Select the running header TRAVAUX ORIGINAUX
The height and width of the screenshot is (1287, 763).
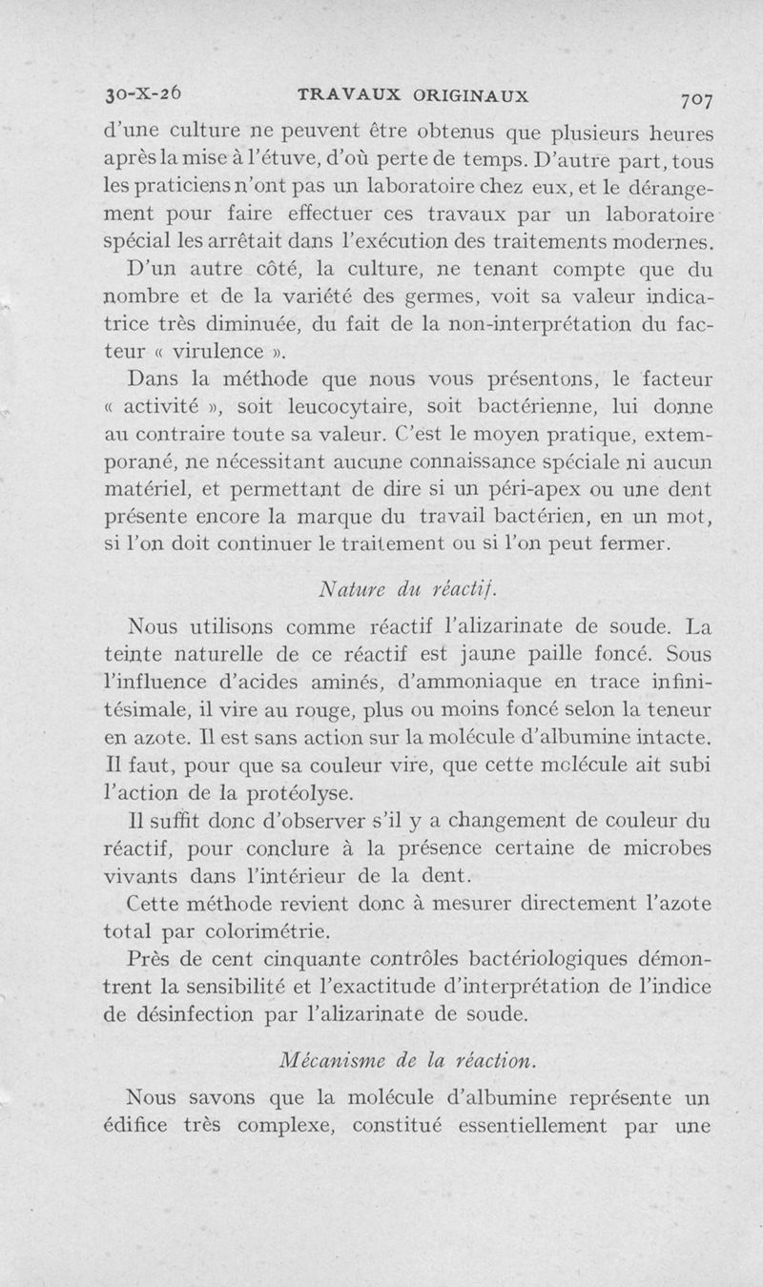(x=413, y=94)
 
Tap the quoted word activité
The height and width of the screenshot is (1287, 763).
(x=188, y=408)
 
